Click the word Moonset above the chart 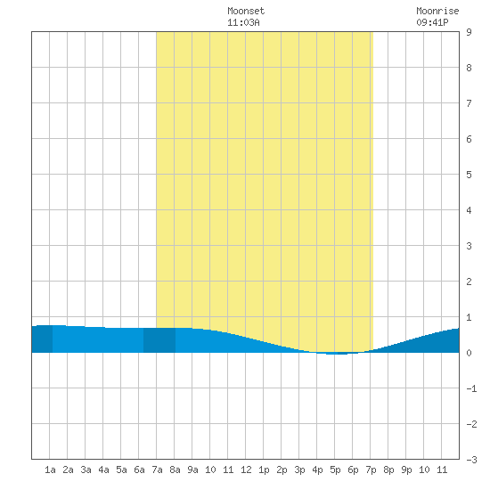[x=246, y=11]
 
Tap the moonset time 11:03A [x=243, y=22]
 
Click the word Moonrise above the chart [x=437, y=11]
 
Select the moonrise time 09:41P [x=432, y=22]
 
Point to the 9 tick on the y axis [x=469, y=32]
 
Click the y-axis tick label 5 [x=469, y=175]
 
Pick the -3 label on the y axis [x=471, y=460]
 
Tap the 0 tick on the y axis [x=469, y=353]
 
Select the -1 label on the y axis [x=471, y=388]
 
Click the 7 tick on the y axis [x=469, y=103]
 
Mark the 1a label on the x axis [x=50, y=470]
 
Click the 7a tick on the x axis [x=157, y=470]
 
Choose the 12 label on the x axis [x=246, y=470]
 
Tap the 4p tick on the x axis [x=317, y=470]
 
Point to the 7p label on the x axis [x=371, y=470]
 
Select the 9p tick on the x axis [x=406, y=470]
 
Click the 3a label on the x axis [x=86, y=470]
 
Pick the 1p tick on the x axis [x=264, y=470]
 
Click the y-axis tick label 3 [x=469, y=246]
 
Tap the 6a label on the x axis [x=139, y=470]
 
